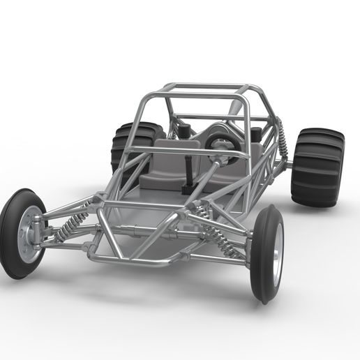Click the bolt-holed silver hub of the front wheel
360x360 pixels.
coord(28,234)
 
